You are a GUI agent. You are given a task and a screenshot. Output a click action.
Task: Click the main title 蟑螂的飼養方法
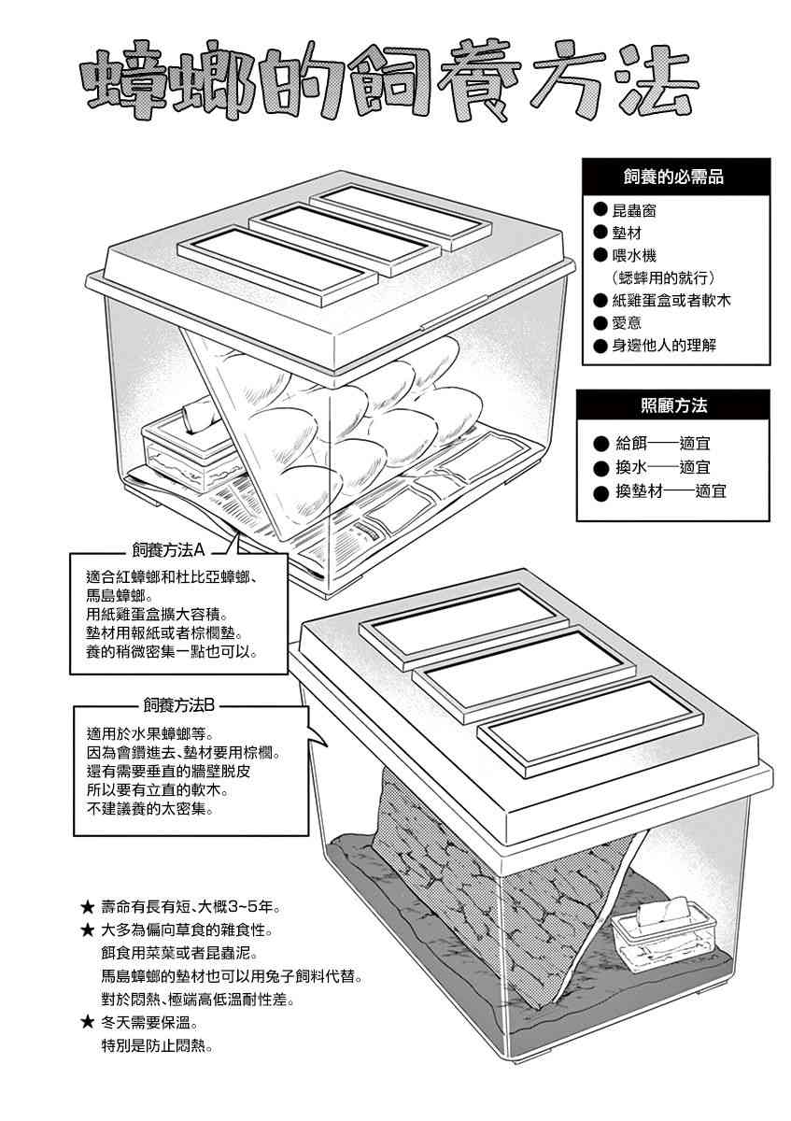(x=390, y=86)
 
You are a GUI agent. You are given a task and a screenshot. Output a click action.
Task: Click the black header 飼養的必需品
(x=674, y=177)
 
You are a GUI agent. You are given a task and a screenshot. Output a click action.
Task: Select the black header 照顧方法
(x=674, y=405)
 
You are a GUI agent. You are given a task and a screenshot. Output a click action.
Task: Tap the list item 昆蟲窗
(x=642, y=211)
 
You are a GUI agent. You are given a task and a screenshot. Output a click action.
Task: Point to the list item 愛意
(x=634, y=323)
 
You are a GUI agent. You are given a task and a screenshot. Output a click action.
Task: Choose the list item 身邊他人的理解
(x=664, y=347)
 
